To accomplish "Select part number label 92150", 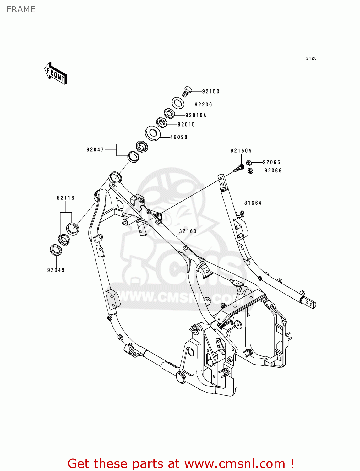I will [210, 92].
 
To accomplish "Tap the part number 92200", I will [203, 105].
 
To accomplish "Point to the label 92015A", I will [196, 116].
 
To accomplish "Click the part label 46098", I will [179, 137].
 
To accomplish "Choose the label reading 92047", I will [95, 150].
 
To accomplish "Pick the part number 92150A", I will [241, 151].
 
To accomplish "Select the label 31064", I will [253, 203].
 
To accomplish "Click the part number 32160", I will [188, 231].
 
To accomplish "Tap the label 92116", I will [66, 198].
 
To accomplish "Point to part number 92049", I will [56, 270].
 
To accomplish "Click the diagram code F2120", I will [310, 58].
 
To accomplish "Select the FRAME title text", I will [21, 9].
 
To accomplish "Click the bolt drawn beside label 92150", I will [186, 91].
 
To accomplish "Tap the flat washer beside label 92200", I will [178, 103].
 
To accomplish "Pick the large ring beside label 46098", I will [153, 133].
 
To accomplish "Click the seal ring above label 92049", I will [56, 250].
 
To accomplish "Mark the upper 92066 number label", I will [271, 162].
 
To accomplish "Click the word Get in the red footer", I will [79, 463].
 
